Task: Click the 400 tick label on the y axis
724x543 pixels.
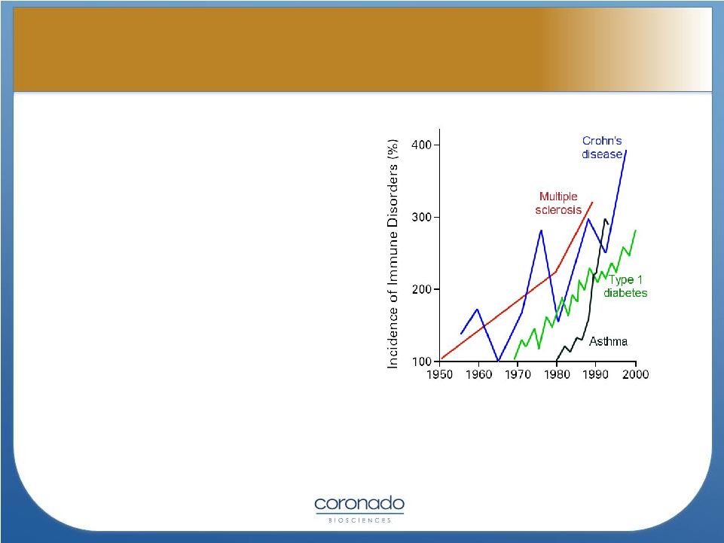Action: click(x=421, y=145)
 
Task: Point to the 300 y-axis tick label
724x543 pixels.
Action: click(x=421, y=217)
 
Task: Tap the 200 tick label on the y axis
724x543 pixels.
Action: click(x=421, y=289)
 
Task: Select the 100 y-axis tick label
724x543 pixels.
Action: click(x=421, y=361)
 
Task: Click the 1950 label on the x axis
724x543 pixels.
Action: click(x=439, y=374)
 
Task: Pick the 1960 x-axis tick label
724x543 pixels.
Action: click(x=479, y=374)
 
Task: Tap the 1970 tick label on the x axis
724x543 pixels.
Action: click(x=518, y=374)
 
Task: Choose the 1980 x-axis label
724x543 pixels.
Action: click(x=557, y=374)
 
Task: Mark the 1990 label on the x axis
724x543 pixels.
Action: click(x=596, y=374)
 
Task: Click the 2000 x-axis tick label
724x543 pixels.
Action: click(x=635, y=374)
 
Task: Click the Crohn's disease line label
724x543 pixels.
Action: click(x=602, y=148)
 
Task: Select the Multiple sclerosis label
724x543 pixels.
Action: click(x=558, y=203)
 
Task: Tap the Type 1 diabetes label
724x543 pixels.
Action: click(x=625, y=286)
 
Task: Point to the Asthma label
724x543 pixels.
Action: click(x=608, y=342)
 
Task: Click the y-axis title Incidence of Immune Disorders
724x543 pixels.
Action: click(x=393, y=254)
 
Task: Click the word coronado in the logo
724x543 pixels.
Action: click(x=359, y=503)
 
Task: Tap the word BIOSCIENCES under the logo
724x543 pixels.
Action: click(x=359, y=520)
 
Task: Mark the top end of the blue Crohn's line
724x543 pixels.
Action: click(x=626, y=150)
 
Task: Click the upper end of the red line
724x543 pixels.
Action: click(x=592, y=203)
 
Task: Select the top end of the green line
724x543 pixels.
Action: click(x=636, y=230)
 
